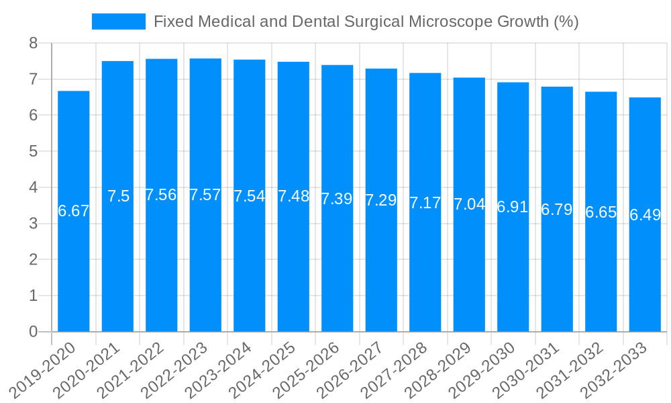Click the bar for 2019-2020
(74, 211)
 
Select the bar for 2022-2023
(205, 195)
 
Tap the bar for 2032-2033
(645, 214)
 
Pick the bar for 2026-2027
(381, 199)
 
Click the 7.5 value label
(118, 196)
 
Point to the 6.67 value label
(74, 211)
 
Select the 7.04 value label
(469, 204)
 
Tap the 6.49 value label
(645, 215)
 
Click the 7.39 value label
(337, 199)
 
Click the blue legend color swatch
(119, 21)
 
